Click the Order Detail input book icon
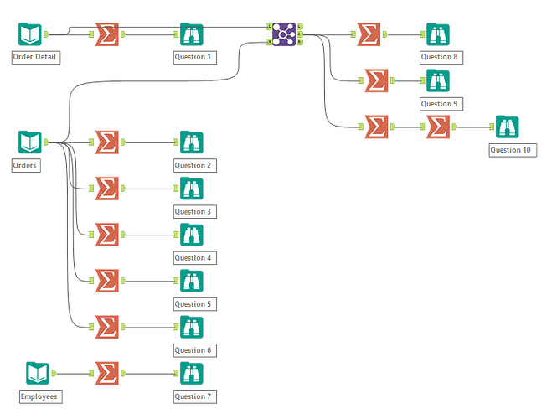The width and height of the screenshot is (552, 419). (30, 34)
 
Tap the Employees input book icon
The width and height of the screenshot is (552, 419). (38, 372)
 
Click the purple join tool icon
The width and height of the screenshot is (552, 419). (284, 34)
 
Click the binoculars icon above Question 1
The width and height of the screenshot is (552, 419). (191, 34)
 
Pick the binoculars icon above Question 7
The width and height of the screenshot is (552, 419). (191, 372)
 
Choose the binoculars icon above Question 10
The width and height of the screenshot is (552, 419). (507, 127)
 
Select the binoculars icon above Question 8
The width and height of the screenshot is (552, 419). (437, 34)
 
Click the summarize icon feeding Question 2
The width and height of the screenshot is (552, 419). (106, 142)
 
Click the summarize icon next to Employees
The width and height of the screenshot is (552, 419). (106, 372)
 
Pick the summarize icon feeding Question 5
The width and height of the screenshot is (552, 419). (106, 280)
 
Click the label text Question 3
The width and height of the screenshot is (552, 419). (193, 212)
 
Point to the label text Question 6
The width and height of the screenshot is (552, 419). (193, 350)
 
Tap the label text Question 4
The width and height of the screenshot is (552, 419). (193, 258)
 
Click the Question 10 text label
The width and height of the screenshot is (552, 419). (510, 150)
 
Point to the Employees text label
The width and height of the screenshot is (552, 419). (40, 396)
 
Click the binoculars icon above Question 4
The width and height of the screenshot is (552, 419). (191, 234)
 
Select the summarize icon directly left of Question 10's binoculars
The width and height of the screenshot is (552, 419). (437, 127)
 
